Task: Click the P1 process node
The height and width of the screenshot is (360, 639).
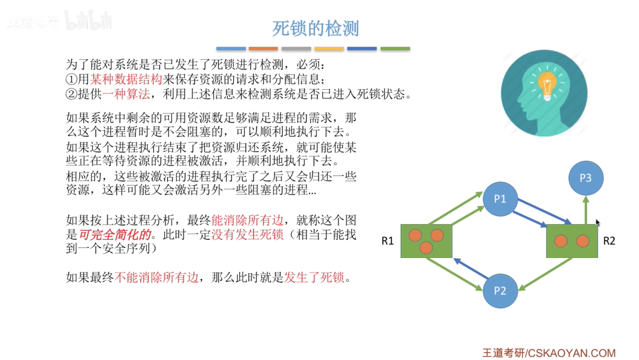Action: click(x=500, y=199)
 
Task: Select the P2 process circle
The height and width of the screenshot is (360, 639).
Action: click(x=500, y=291)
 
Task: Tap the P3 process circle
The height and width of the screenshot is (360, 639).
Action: click(x=586, y=178)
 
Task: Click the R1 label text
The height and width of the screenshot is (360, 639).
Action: click(x=387, y=241)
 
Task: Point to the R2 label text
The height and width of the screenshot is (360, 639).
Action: click(x=609, y=241)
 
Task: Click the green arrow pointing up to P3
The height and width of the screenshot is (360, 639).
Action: click(x=586, y=211)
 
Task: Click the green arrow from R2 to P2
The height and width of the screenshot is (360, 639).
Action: click(x=546, y=274)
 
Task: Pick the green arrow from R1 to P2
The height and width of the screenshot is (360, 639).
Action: click(x=454, y=274)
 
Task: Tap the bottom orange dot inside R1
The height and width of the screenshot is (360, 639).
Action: click(x=426, y=248)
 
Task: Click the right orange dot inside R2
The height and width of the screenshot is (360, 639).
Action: click(x=583, y=241)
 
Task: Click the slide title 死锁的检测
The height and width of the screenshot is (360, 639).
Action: click(x=315, y=29)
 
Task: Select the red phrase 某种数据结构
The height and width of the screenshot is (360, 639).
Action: click(x=126, y=79)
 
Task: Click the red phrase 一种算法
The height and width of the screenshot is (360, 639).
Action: click(x=126, y=94)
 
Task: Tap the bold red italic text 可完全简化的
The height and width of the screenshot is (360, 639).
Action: click(x=115, y=235)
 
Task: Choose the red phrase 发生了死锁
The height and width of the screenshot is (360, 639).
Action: click(x=314, y=278)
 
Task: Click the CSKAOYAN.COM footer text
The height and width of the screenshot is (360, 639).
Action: click(x=571, y=353)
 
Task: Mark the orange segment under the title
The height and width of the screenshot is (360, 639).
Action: click(x=263, y=48)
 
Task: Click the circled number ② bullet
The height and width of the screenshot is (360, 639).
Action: click(x=71, y=94)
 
